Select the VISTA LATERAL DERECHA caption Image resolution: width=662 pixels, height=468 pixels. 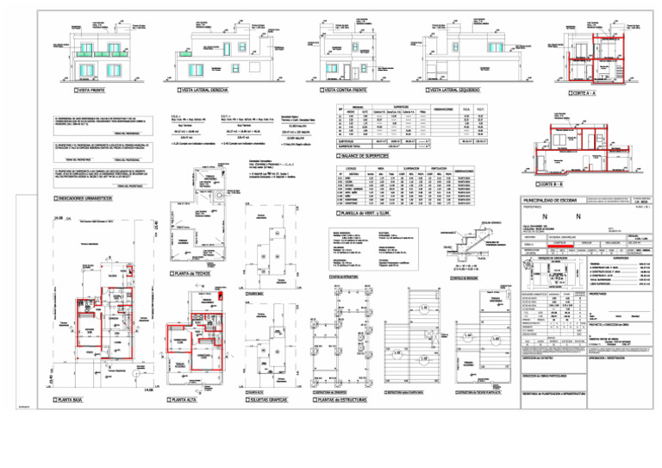pyautogui.click(x=204, y=90)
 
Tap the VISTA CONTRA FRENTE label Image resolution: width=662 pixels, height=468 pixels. pyautogui.click(x=342, y=90)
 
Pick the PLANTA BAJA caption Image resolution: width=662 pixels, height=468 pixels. pyautogui.click(x=68, y=401)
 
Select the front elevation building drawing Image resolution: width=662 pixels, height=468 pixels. pyautogui.click(x=102, y=56)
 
